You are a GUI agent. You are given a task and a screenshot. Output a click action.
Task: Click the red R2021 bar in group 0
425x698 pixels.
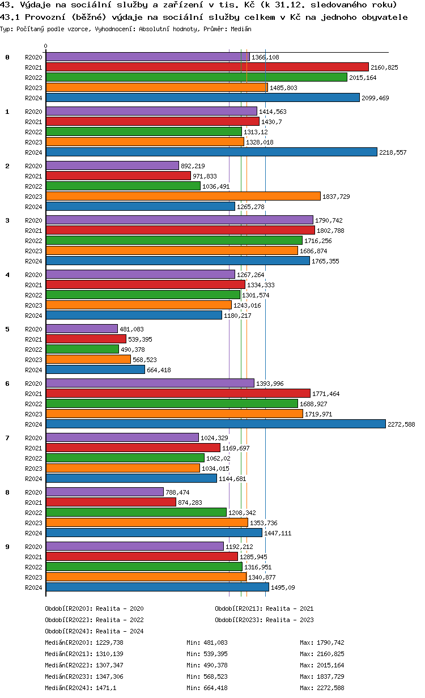pos(207,67)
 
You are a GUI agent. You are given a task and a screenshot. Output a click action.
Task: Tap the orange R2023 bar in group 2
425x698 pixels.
pos(182,196)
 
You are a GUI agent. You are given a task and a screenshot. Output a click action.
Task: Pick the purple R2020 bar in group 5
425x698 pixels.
pos(82,329)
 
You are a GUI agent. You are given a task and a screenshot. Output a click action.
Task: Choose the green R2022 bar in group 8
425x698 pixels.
pos(136,512)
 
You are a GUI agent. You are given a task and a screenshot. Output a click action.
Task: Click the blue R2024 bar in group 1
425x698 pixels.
pos(211,152)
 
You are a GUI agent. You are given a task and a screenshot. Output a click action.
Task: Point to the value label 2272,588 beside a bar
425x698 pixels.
pos(401,424)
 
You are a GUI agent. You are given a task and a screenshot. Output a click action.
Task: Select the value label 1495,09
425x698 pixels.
pos(283,588)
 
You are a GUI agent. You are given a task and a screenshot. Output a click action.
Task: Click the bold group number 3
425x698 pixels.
pos(7,220)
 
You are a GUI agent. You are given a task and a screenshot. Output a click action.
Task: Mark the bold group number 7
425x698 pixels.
pos(7,437)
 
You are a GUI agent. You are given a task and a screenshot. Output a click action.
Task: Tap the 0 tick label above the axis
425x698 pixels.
pos(46,46)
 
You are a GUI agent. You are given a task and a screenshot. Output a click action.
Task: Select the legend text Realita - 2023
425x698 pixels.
pos(290,620)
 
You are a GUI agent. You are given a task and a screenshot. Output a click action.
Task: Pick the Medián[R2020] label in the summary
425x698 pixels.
pos(68,642)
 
